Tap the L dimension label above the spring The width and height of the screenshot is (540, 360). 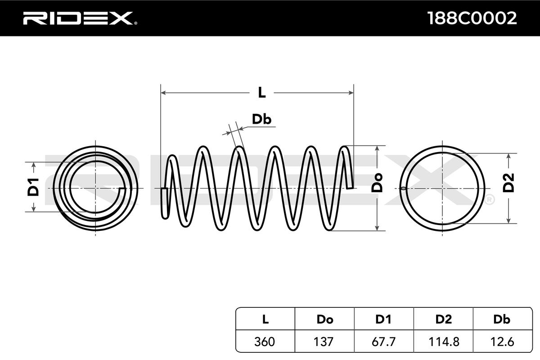[x=261, y=92]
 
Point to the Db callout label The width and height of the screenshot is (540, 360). [x=261, y=119]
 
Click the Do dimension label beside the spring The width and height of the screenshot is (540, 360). [x=377, y=183]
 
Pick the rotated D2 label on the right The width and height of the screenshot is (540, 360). [x=508, y=183]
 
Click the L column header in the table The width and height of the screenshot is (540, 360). [x=265, y=319]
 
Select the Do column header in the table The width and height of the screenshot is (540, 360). [x=324, y=319]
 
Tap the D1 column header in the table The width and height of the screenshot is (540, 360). [x=384, y=319]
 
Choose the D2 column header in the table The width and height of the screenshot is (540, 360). [x=444, y=319]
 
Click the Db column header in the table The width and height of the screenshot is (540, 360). [x=501, y=319]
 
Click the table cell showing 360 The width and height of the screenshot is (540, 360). [x=265, y=342]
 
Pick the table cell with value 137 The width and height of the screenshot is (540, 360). [x=324, y=342]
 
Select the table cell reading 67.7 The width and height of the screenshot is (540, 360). [x=384, y=342]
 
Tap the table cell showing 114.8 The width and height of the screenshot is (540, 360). [x=444, y=342]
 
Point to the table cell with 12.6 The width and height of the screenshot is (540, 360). [x=501, y=342]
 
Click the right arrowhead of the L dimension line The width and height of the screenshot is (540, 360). [x=351, y=93]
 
